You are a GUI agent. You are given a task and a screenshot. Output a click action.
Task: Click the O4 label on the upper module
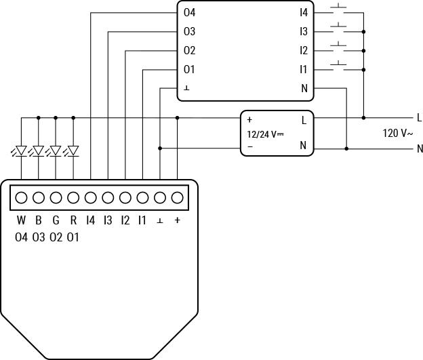[189, 12]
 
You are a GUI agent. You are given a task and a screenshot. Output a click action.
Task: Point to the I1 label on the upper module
[304, 69]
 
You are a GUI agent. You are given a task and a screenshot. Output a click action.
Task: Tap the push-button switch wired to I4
[338, 11]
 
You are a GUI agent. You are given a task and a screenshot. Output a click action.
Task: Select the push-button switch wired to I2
[338, 48]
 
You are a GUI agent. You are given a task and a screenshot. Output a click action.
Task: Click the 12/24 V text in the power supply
[265, 134]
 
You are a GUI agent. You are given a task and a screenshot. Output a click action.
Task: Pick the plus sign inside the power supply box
[249, 120]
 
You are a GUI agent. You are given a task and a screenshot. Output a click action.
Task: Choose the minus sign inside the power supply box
[249, 146]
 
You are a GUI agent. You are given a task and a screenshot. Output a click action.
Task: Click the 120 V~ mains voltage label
[397, 134]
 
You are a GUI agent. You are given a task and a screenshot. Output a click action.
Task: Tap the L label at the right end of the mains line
[419, 118]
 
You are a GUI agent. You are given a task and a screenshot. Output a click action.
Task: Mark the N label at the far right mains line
[419, 148]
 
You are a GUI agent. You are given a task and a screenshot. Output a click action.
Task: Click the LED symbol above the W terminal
[21, 151]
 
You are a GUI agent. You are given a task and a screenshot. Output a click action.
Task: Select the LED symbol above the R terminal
[73, 151]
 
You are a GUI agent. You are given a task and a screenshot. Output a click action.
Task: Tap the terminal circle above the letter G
[56, 198]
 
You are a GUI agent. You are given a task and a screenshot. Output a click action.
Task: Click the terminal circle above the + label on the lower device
[178, 198]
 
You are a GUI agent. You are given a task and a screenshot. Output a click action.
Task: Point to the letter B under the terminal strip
[39, 220]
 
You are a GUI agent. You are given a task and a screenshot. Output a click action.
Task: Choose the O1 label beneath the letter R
[73, 237]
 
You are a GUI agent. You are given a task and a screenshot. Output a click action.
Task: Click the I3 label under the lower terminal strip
[108, 220]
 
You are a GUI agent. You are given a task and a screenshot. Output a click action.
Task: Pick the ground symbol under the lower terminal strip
[160, 221]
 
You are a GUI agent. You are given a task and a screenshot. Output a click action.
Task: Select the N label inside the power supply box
[304, 146]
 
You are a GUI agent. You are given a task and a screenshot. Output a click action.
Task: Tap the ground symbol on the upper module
[186, 88]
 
